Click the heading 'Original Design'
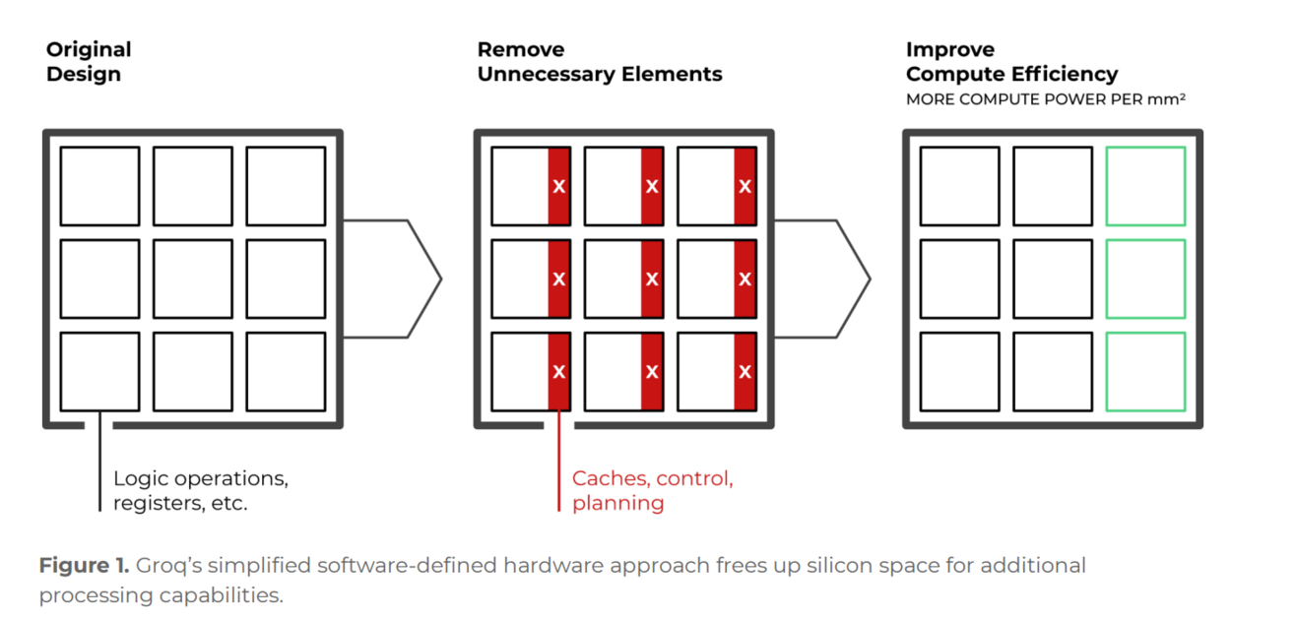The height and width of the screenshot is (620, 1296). click(89, 61)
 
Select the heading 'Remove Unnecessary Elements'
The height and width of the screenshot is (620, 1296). click(599, 61)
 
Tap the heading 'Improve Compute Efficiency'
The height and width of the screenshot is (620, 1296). click(1011, 61)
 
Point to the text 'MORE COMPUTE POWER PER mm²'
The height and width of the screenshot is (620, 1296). click(1045, 99)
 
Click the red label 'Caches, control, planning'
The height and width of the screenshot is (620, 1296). click(652, 491)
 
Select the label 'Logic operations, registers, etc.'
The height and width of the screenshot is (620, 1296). click(201, 491)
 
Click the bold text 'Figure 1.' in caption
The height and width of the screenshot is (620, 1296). click(83, 566)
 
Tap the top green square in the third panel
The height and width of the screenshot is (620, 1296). click(1145, 186)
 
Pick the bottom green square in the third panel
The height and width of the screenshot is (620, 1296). click(1145, 371)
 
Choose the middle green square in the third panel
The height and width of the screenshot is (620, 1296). click(1145, 279)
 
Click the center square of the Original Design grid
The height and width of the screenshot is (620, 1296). click(193, 279)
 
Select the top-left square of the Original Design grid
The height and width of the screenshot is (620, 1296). click(99, 186)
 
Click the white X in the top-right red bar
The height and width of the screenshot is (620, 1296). click(745, 186)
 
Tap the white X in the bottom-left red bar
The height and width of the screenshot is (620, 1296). click(558, 372)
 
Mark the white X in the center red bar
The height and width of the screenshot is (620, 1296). click(651, 279)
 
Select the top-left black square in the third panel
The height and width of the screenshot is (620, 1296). click(959, 186)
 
